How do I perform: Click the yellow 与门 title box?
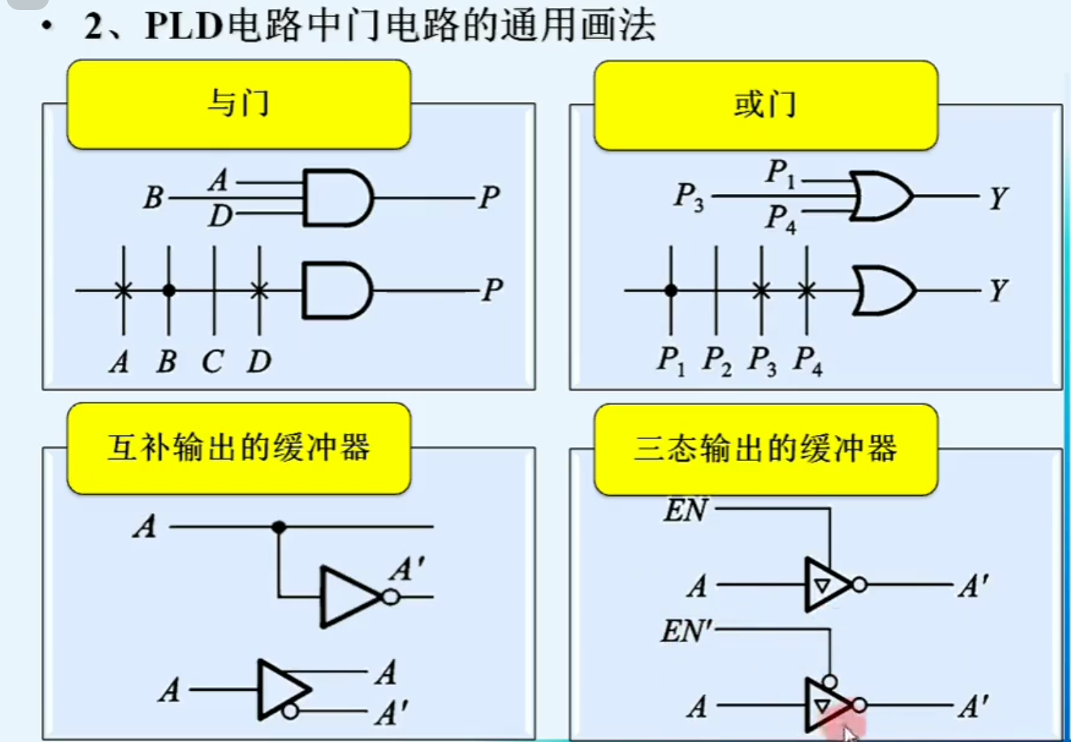(x=238, y=104)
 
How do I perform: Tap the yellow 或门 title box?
(x=765, y=105)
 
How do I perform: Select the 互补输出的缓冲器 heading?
(x=238, y=448)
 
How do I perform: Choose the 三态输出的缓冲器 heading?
(x=765, y=449)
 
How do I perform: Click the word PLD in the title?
(x=184, y=26)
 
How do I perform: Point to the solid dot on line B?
(x=169, y=290)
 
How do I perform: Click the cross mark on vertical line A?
(x=123, y=290)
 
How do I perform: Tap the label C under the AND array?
(x=212, y=362)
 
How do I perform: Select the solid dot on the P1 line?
(x=671, y=290)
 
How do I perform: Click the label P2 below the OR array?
(x=717, y=360)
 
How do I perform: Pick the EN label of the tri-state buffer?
(x=685, y=510)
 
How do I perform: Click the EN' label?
(x=687, y=631)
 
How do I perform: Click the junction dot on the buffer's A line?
(x=279, y=527)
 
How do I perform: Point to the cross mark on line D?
(x=260, y=290)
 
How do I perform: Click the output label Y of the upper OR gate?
(x=998, y=197)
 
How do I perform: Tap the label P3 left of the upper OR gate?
(x=689, y=196)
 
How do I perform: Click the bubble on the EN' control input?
(x=829, y=681)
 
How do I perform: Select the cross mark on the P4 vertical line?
(x=806, y=290)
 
